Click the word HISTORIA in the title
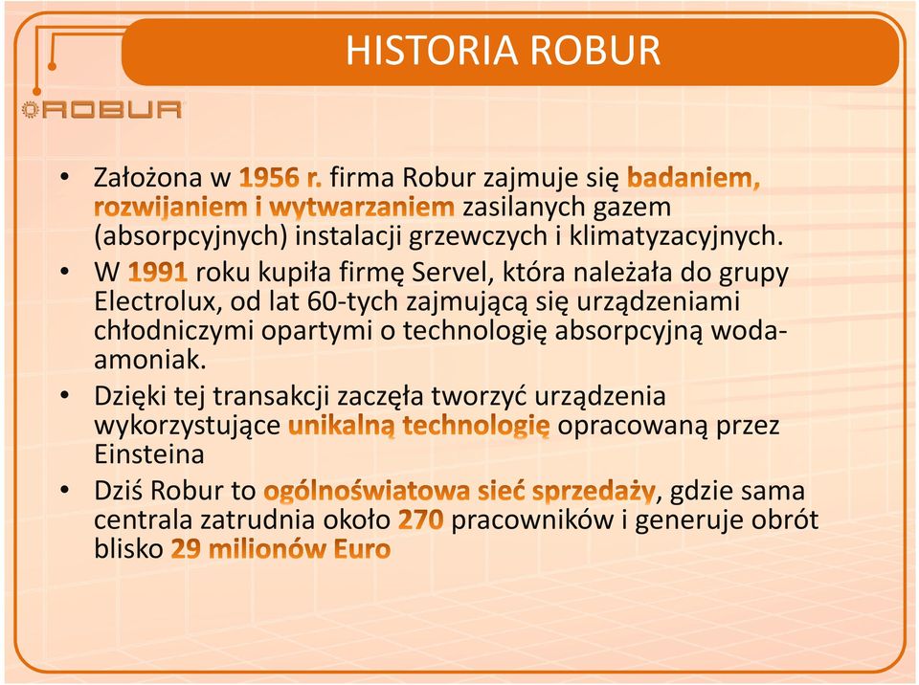point(432,51)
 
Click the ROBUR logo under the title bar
point(102,110)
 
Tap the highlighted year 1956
point(270,178)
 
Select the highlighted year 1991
point(158,273)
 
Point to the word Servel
point(449,273)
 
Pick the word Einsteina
point(149,454)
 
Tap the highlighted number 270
point(421,519)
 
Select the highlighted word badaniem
point(693,178)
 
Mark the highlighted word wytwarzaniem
point(362,207)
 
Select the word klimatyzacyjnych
point(677,236)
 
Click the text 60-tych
point(353,302)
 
